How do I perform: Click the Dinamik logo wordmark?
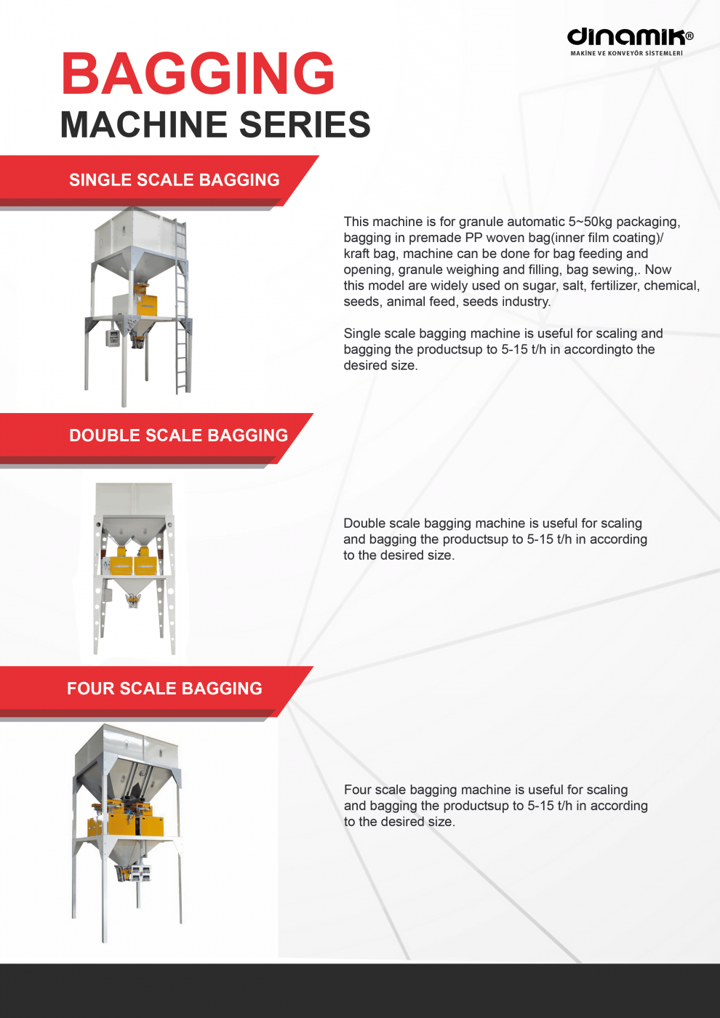(626, 37)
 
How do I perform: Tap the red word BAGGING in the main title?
(198, 73)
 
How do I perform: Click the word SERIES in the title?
(305, 124)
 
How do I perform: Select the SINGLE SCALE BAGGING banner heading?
(174, 180)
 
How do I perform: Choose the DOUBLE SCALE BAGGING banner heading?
(178, 436)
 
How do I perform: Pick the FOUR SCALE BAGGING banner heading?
(164, 689)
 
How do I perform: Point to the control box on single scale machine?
(112, 338)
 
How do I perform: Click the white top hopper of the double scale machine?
(134, 499)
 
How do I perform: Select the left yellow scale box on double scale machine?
(121, 564)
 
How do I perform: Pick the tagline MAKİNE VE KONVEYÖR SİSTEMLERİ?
(626, 53)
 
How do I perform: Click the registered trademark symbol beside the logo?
(689, 36)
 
